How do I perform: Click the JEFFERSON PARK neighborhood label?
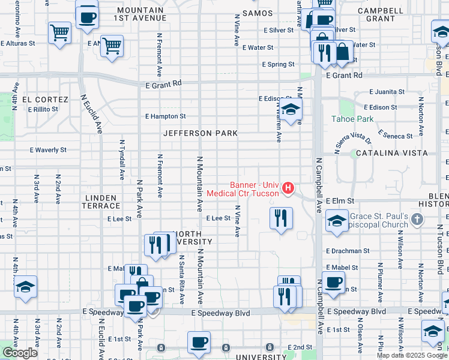tap(200, 133)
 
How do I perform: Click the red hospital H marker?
tap(288, 188)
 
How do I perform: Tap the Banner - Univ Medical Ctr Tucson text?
tap(243, 189)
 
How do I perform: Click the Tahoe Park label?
tap(352, 119)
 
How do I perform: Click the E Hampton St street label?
tap(166, 116)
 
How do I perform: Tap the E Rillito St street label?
tap(38, 109)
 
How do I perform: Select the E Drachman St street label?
tap(348, 251)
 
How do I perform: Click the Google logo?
tap(19, 353)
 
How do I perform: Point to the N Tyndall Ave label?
tap(121, 166)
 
